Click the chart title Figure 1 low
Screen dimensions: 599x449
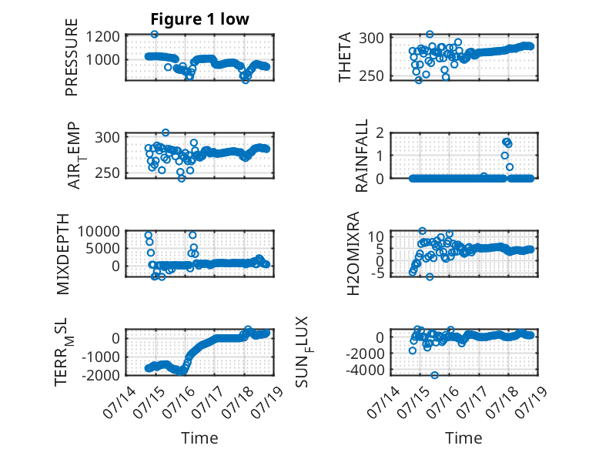(x=199, y=19)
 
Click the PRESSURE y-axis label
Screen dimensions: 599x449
(x=72, y=57)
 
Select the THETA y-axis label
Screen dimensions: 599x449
(x=345, y=57)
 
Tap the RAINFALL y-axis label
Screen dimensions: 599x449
(x=361, y=156)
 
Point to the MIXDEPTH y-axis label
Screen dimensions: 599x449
(x=63, y=254)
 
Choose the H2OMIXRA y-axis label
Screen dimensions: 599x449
(x=353, y=253)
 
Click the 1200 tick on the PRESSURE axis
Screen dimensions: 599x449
(x=102, y=37)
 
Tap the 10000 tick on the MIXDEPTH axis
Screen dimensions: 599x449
(x=99, y=231)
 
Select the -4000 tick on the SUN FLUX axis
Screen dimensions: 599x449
(x=365, y=370)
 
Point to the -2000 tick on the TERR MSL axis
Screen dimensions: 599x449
(x=100, y=375)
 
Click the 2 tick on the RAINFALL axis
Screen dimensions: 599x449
(x=380, y=133)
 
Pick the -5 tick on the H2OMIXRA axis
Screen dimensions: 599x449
(x=376, y=273)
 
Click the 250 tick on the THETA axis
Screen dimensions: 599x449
(x=371, y=76)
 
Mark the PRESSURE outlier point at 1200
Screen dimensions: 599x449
(x=154, y=35)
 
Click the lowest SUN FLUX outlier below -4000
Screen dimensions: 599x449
(x=434, y=375)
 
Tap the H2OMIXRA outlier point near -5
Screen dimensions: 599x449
(x=430, y=276)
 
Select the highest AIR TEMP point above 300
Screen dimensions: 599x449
(x=166, y=132)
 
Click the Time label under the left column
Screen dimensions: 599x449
(x=199, y=438)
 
